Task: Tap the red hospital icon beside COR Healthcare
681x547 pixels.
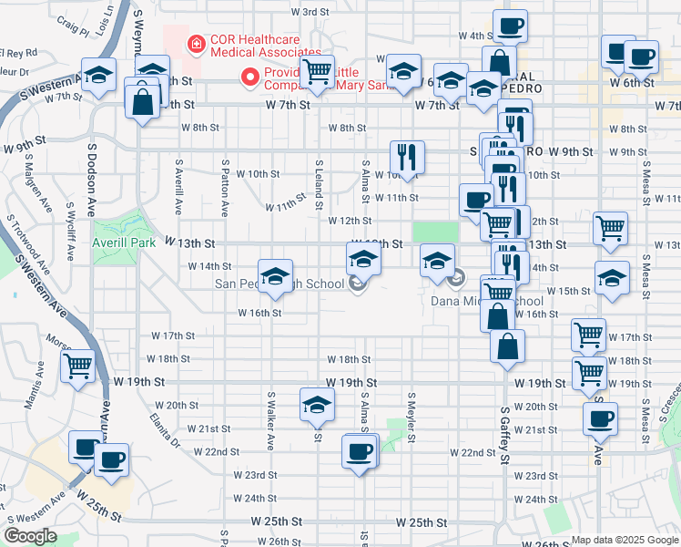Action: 195,43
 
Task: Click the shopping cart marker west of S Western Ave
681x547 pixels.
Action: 78,367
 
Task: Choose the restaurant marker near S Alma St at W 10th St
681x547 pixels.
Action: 408,157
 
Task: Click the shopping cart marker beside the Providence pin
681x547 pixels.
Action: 317,71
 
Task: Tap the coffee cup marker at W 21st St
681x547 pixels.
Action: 600,418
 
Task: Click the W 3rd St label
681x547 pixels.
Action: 310,12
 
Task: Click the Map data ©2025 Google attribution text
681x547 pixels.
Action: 625,540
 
